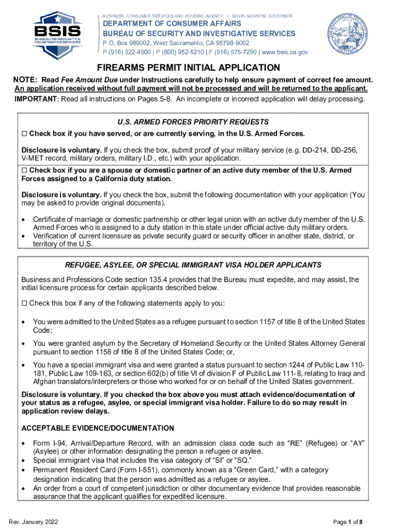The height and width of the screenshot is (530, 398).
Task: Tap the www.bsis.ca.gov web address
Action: pyautogui.click(x=285, y=52)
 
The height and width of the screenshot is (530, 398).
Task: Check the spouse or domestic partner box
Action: pyautogui.click(x=24, y=171)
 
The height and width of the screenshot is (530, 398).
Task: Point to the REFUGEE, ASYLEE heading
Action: pyautogui.click(x=193, y=265)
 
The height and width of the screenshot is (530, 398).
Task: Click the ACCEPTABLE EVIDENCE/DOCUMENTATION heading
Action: pyautogui.click(x=98, y=428)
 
